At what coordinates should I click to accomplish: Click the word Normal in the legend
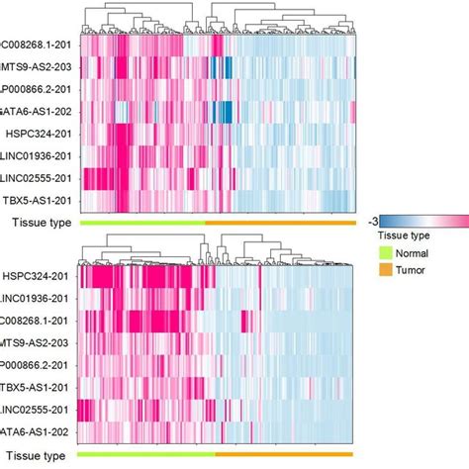click(x=417, y=252)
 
